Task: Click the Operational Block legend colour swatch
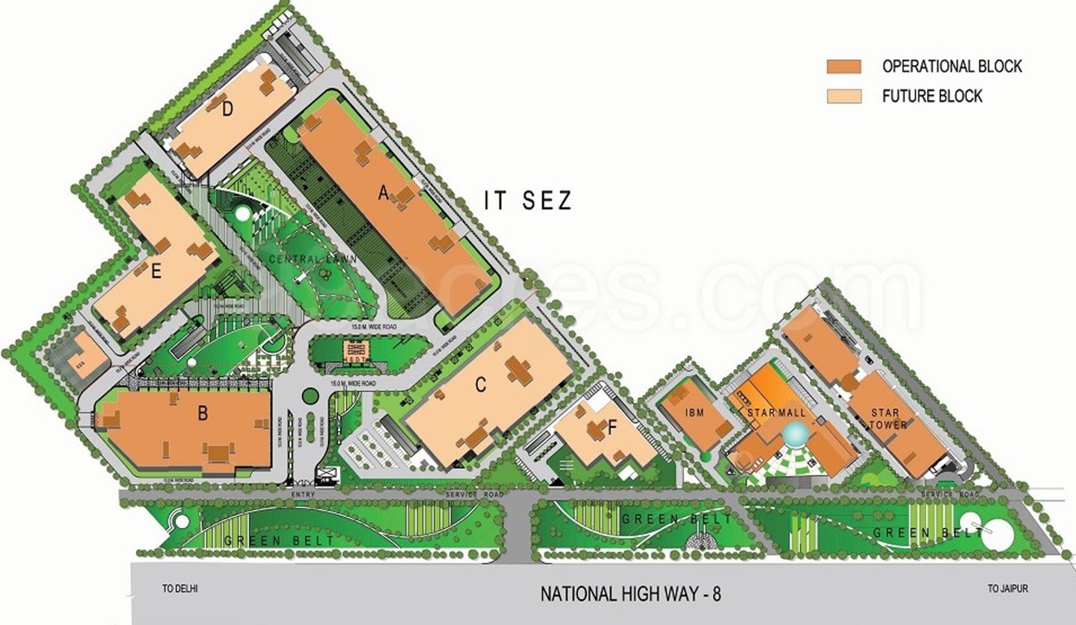coord(843,67)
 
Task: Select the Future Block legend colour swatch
coord(843,96)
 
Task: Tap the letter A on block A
coord(382,193)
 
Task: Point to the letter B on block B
coord(203,413)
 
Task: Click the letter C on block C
coord(480,385)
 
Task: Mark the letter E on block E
coord(156,271)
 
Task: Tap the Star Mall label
coord(776,413)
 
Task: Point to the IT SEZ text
coord(528,200)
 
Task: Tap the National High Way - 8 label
coord(631,594)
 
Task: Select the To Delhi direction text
coord(180,588)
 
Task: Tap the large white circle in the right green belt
coord(985,531)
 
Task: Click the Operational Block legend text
coord(951,67)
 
